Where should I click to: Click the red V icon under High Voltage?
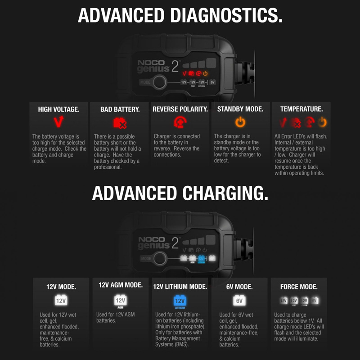(58, 121)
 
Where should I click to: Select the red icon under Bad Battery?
(119, 122)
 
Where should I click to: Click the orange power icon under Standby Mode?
(240, 122)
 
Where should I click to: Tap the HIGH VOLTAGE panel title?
(58, 109)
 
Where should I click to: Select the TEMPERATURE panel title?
(301, 109)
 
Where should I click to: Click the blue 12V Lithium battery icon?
(180, 301)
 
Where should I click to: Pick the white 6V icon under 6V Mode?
(239, 300)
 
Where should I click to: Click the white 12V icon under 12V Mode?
(61, 300)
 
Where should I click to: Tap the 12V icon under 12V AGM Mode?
(120, 300)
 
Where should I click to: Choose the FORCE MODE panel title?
(299, 287)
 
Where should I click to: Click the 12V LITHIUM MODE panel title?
(180, 286)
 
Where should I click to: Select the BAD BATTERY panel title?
(120, 109)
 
